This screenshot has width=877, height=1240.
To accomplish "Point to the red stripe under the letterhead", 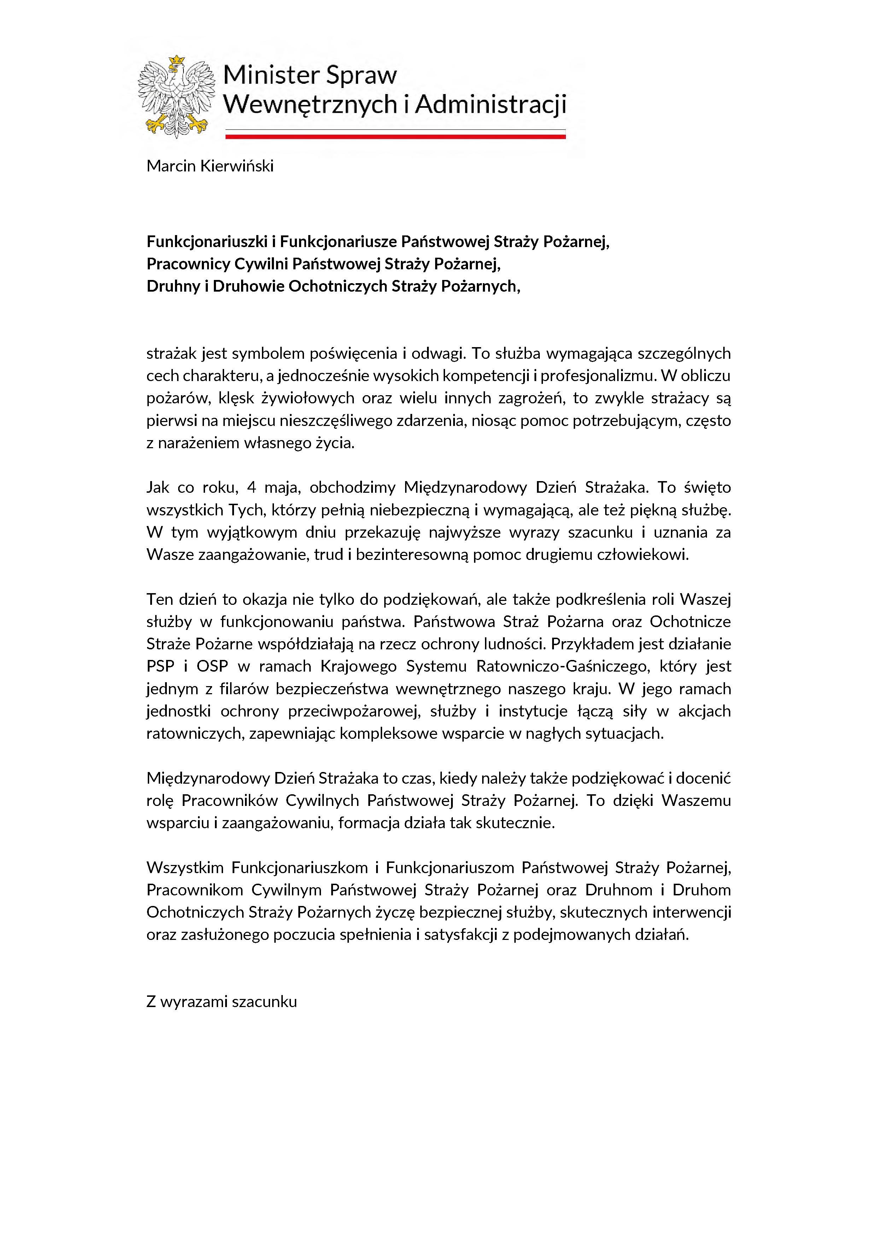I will [395, 137].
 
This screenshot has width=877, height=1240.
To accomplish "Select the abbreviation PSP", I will [160, 666].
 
